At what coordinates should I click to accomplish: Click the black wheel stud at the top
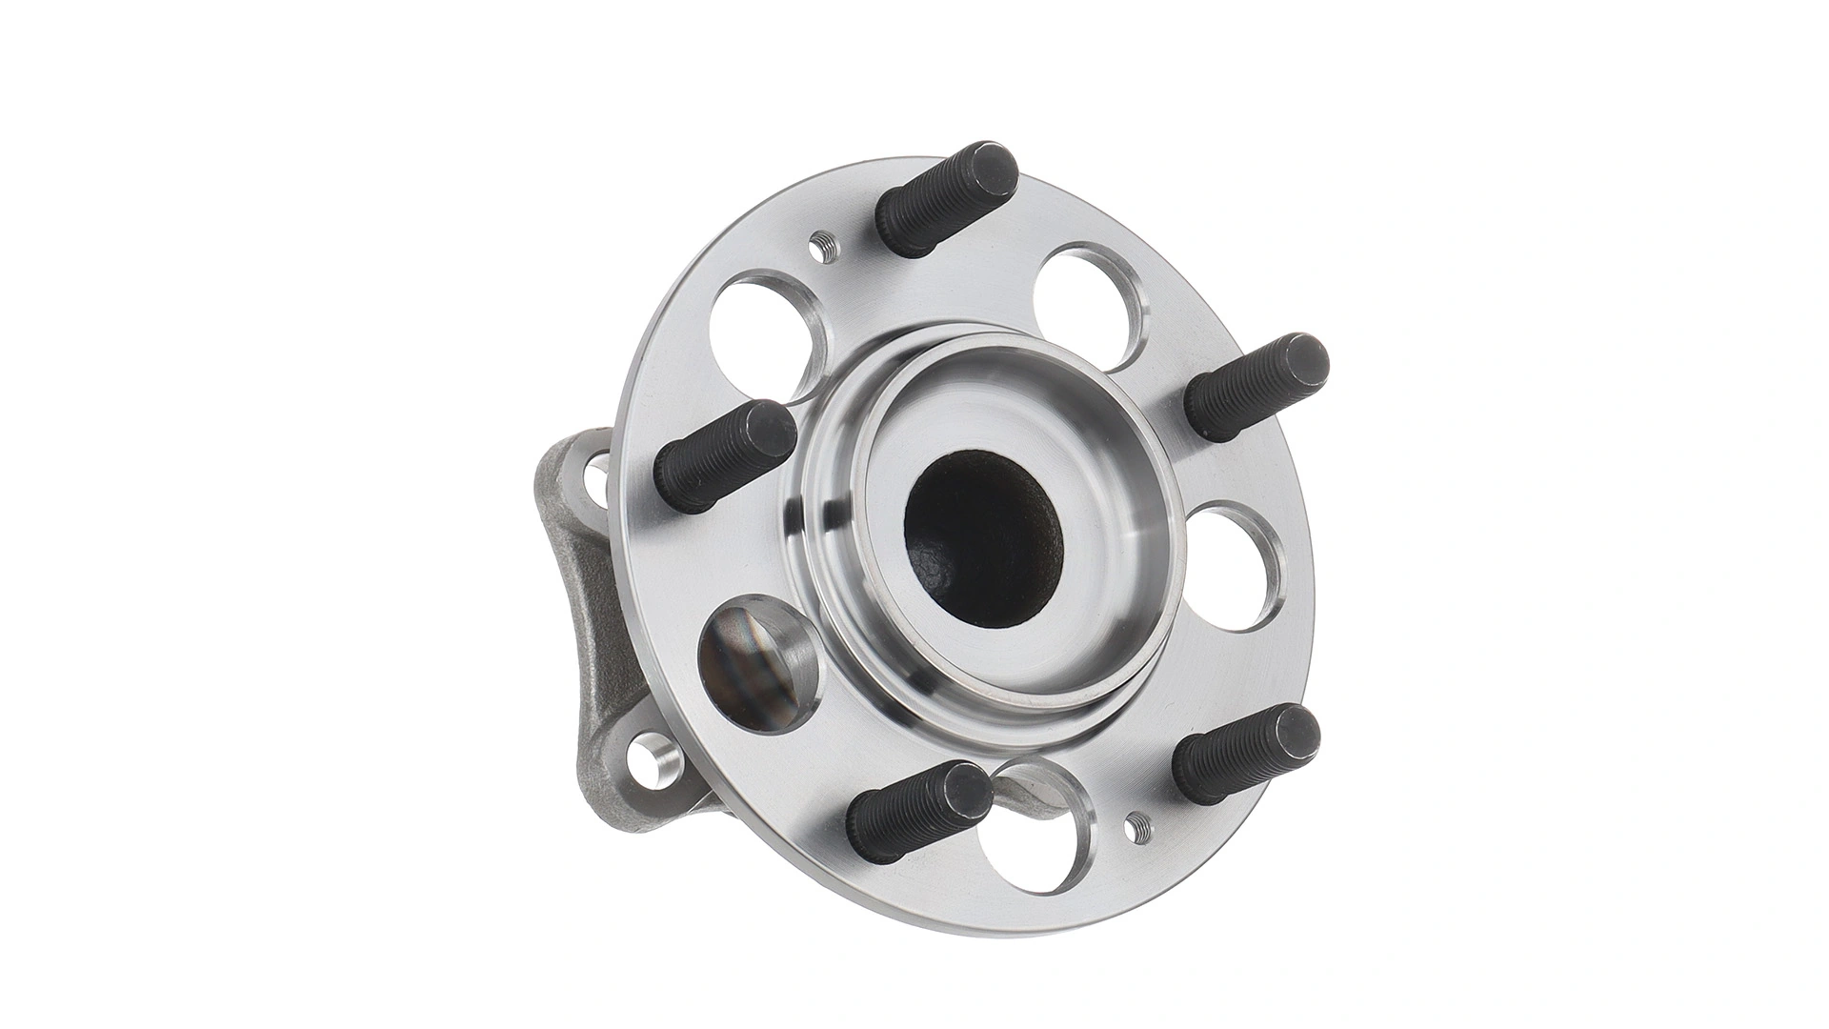point(943,199)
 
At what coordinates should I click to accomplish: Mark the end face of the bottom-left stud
point(964,793)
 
